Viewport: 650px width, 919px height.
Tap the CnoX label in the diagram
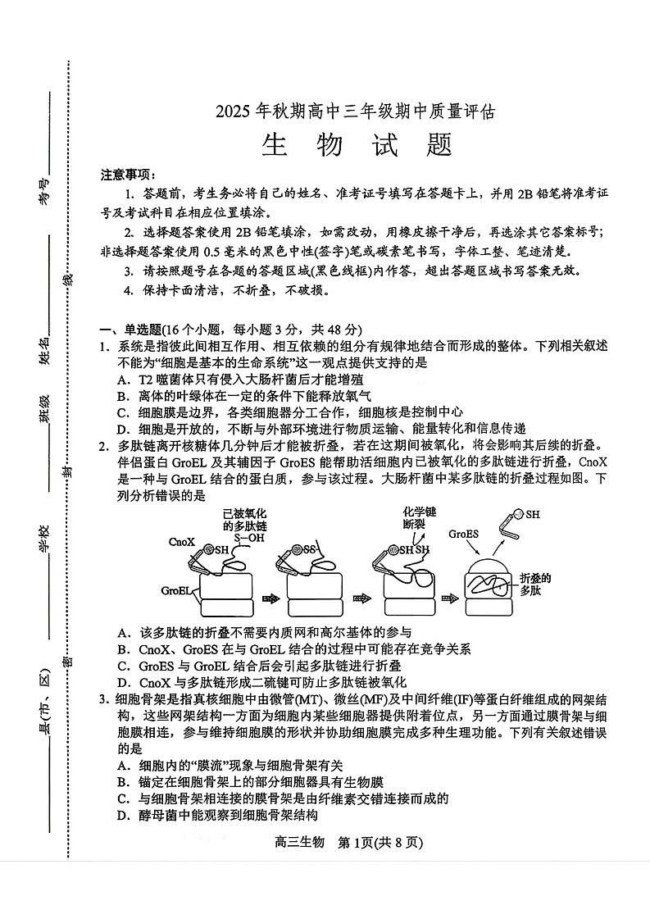point(181,542)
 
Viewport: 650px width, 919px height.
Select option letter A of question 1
point(121,380)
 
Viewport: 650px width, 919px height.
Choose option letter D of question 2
point(121,682)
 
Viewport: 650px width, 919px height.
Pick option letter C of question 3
point(121,798)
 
